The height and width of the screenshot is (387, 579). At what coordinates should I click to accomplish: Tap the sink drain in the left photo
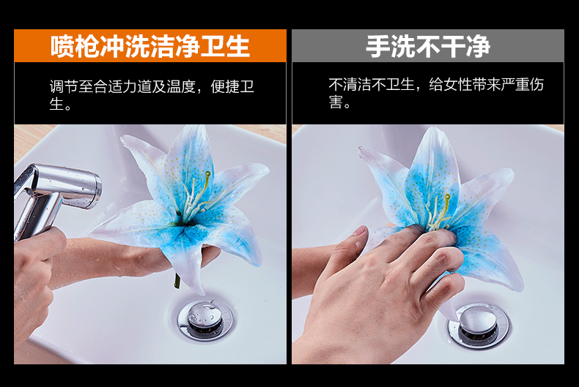point(205,320)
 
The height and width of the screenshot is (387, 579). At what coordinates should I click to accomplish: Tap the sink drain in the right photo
point(479,326)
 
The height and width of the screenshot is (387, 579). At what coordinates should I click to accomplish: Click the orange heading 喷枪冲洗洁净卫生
point(150,46)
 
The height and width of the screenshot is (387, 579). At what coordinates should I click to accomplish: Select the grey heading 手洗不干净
point(428,46)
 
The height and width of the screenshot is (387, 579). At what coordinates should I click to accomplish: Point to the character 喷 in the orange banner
point(62,46)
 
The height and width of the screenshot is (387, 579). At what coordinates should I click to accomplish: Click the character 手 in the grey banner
point(377,46)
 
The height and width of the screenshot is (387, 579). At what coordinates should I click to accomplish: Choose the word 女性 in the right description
point(457,85)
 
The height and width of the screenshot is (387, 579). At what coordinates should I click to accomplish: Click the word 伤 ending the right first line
point(537,85)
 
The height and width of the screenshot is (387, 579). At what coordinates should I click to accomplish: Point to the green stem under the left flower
point(177,281)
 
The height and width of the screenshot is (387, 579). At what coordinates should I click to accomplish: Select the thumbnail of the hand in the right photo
point(359,231)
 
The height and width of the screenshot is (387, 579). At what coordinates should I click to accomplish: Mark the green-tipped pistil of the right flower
point(446,206)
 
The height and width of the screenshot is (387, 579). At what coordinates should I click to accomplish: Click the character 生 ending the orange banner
point(238,46)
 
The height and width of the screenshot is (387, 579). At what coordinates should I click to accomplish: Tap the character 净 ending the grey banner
point(479,46)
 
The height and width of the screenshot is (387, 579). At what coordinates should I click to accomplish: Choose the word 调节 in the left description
point(64,86)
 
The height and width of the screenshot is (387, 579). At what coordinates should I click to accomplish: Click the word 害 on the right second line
point(336,102)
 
